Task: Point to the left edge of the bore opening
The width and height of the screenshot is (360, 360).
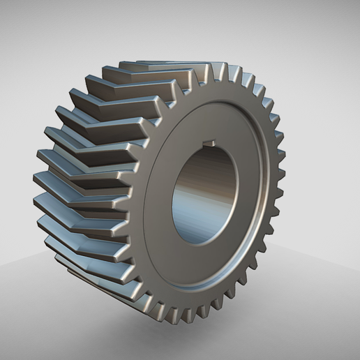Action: coord(172,199)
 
